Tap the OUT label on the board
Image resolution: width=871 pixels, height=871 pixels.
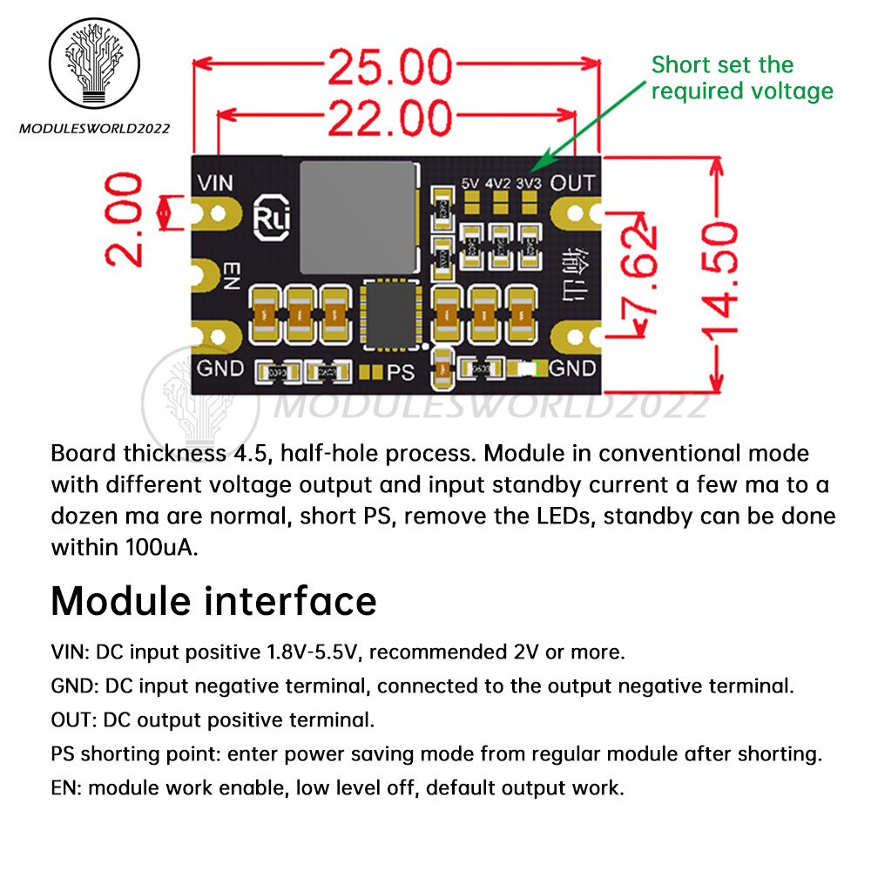pyautogui.click(x=572, y=183)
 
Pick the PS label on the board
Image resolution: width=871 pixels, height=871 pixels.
pyautogui.click(x=401, y=373)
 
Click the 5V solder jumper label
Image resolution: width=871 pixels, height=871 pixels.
pyautogui.click(x=471, y=184)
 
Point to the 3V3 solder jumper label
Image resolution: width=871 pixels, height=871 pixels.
pyautogui.click(x=528, y=184)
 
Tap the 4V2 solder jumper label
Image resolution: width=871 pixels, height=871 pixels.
pyautogui.click(x=499, y=184)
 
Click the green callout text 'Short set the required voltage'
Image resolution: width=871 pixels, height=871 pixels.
pyautogui.click(x=741, y=78)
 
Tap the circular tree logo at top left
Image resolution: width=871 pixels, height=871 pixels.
pyautogui.click(x=93, y=68)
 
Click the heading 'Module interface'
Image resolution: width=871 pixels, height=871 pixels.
pyautogui.click(x=213, y=601)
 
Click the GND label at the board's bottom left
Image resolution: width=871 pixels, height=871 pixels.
pyautogui.click(x=220, y=368)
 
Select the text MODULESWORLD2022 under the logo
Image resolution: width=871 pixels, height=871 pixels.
pyautogui.click(x=94, y=129)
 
